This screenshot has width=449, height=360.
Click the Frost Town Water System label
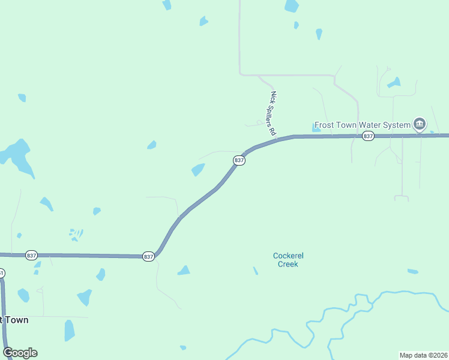point(363,125)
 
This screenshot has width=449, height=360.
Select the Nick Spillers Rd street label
point(273,112)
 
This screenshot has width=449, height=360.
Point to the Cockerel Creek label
point(287,259)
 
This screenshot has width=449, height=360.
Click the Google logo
point(20,353)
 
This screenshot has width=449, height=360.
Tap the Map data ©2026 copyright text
point(423,355)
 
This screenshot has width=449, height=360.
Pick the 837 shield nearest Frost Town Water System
point(368,136)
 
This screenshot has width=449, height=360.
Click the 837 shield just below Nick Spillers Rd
point(239,160)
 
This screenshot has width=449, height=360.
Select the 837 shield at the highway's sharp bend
point(149,256)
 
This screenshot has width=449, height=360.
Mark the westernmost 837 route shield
point(32,255)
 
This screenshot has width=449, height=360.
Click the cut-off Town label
point(14,320)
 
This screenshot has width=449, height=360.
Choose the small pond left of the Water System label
point(316,127)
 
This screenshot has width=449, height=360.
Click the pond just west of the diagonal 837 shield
point(198,170)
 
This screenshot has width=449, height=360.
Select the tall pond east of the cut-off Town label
point(70,330)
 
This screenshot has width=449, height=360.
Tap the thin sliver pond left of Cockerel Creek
point(255,271)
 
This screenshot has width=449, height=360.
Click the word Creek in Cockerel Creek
point(287,264)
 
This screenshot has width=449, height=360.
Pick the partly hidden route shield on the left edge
point(2,274)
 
